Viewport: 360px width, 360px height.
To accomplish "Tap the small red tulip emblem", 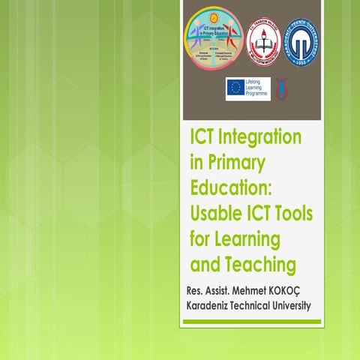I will [x=280, y=88].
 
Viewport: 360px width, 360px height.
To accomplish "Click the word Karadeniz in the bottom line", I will [x=211, y=306].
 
